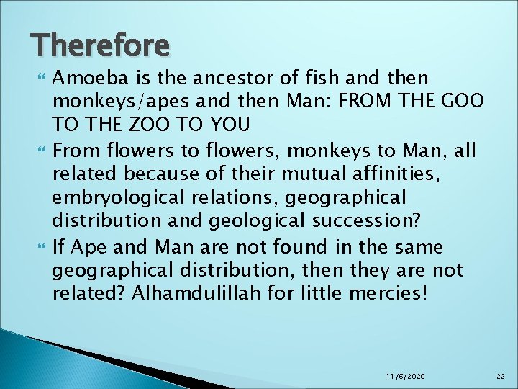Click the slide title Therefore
coord(100,45)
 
